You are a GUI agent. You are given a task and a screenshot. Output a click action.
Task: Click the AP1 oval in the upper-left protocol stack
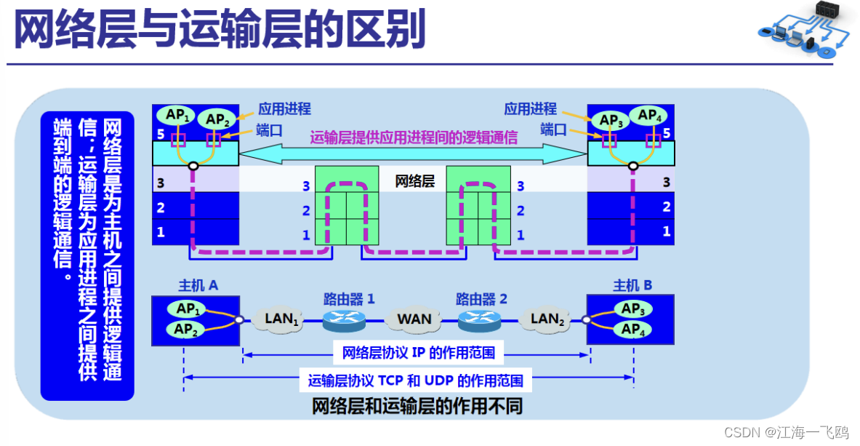coord(177,115)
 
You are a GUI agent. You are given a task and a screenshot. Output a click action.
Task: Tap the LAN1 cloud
coord(281,319)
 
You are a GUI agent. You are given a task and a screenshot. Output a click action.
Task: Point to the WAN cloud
coord(414,319)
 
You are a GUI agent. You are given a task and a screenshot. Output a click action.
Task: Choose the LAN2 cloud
coord(547,319)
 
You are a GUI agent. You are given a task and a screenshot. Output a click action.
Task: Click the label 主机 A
coord(198,285)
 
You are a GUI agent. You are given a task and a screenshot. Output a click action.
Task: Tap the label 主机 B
coord(632,285)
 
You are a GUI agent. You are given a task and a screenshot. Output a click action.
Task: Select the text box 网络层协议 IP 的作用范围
coord(418,354)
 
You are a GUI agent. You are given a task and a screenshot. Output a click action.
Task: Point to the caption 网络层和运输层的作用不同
coord(417,407)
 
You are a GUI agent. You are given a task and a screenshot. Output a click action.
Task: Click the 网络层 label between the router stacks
coord(414,181)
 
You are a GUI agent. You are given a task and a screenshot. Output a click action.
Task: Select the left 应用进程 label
coord(284,109)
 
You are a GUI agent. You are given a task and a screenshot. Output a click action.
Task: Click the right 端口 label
coord(553,130)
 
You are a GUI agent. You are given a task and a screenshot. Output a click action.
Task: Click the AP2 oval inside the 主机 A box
coord(187,330)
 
